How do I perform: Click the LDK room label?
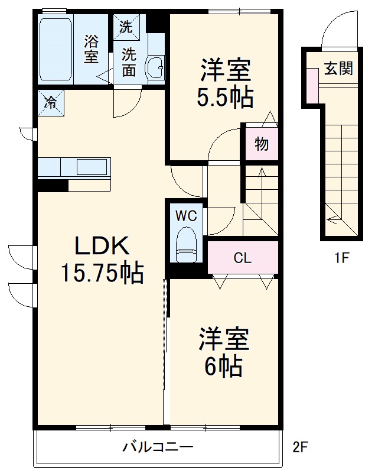pyautogui.click(x=101, y=245)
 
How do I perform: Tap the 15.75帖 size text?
pyautogui.click(x=101, y=273)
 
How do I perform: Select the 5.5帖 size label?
pyautogui.click(x=226, y=97)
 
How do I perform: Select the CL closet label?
pyautogui.click(x=242, y=258)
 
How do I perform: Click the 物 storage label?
pyautogui.click(x=261, y=144)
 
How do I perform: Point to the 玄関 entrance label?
pyautogui.click(x=338, y=69)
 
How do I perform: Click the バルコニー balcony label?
pyautogui.click(x=158, y=447)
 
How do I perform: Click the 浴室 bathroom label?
pyautogui.click(x=91, y=50)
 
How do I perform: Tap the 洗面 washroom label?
pyautogui.click(x=129, y=61)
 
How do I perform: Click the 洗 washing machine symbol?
pyautogui.click(x=126, y=27)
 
